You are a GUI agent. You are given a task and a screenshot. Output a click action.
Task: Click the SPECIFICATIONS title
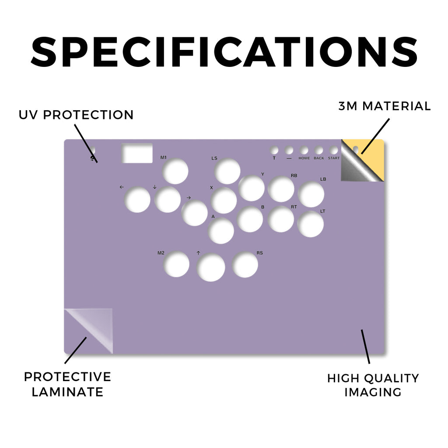(224, 52)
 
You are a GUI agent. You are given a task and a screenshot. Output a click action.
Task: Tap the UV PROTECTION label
(76, 115)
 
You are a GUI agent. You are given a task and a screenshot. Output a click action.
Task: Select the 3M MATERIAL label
(384, 106)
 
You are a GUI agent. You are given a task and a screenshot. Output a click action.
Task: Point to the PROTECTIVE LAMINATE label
(67, 384)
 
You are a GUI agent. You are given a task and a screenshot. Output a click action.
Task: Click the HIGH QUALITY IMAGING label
(373, 385)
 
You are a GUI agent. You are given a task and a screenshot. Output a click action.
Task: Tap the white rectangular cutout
(137, 153)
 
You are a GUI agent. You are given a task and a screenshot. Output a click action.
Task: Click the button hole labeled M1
(175, 171)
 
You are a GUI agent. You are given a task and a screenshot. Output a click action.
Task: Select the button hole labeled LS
(227, 171)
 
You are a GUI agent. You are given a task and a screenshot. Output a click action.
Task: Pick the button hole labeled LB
(311, 194)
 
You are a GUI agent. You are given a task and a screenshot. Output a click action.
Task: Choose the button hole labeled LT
(311, 224)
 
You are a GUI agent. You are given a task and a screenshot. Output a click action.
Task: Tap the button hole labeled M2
(176, 264)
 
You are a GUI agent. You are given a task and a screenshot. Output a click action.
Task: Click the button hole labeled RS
(245, 265)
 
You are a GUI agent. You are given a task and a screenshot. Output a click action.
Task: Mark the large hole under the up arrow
(211, 267)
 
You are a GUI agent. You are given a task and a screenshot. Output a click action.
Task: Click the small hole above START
(334, 150)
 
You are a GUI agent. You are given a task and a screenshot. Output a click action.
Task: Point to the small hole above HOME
(304, 150)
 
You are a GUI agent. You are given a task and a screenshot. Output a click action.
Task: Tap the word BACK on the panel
(319, 158)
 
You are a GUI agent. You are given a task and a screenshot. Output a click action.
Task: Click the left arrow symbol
(122, 187)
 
